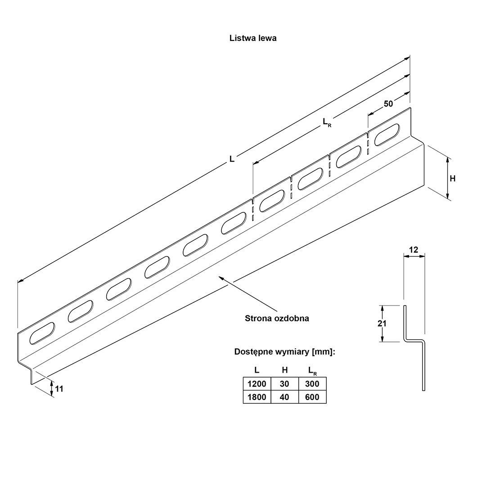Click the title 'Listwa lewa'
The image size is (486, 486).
coord(253,38)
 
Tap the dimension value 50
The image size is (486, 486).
coord(388,103)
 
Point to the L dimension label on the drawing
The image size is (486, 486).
coord(232,159)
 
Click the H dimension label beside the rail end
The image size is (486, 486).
coord(453,179)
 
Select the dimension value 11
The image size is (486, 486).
coord(59,388)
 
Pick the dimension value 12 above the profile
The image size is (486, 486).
coord(414,250)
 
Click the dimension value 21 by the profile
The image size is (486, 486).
coord(382,324)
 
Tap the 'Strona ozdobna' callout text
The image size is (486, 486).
coord(277,319)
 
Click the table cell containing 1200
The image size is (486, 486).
coord(256,384)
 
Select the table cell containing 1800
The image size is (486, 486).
coord(256,397)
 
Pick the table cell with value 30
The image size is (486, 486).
coord(284,384)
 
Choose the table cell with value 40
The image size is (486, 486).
coord(284,397)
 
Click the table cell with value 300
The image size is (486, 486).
coord(312,384)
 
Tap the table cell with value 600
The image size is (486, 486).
coord(312,397)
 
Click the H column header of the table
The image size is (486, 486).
coord(284,370)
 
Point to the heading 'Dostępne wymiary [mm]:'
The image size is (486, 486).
coord(284,352)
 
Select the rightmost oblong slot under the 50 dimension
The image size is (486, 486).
coord(387,135)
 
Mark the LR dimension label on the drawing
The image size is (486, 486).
coord(327,121)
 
